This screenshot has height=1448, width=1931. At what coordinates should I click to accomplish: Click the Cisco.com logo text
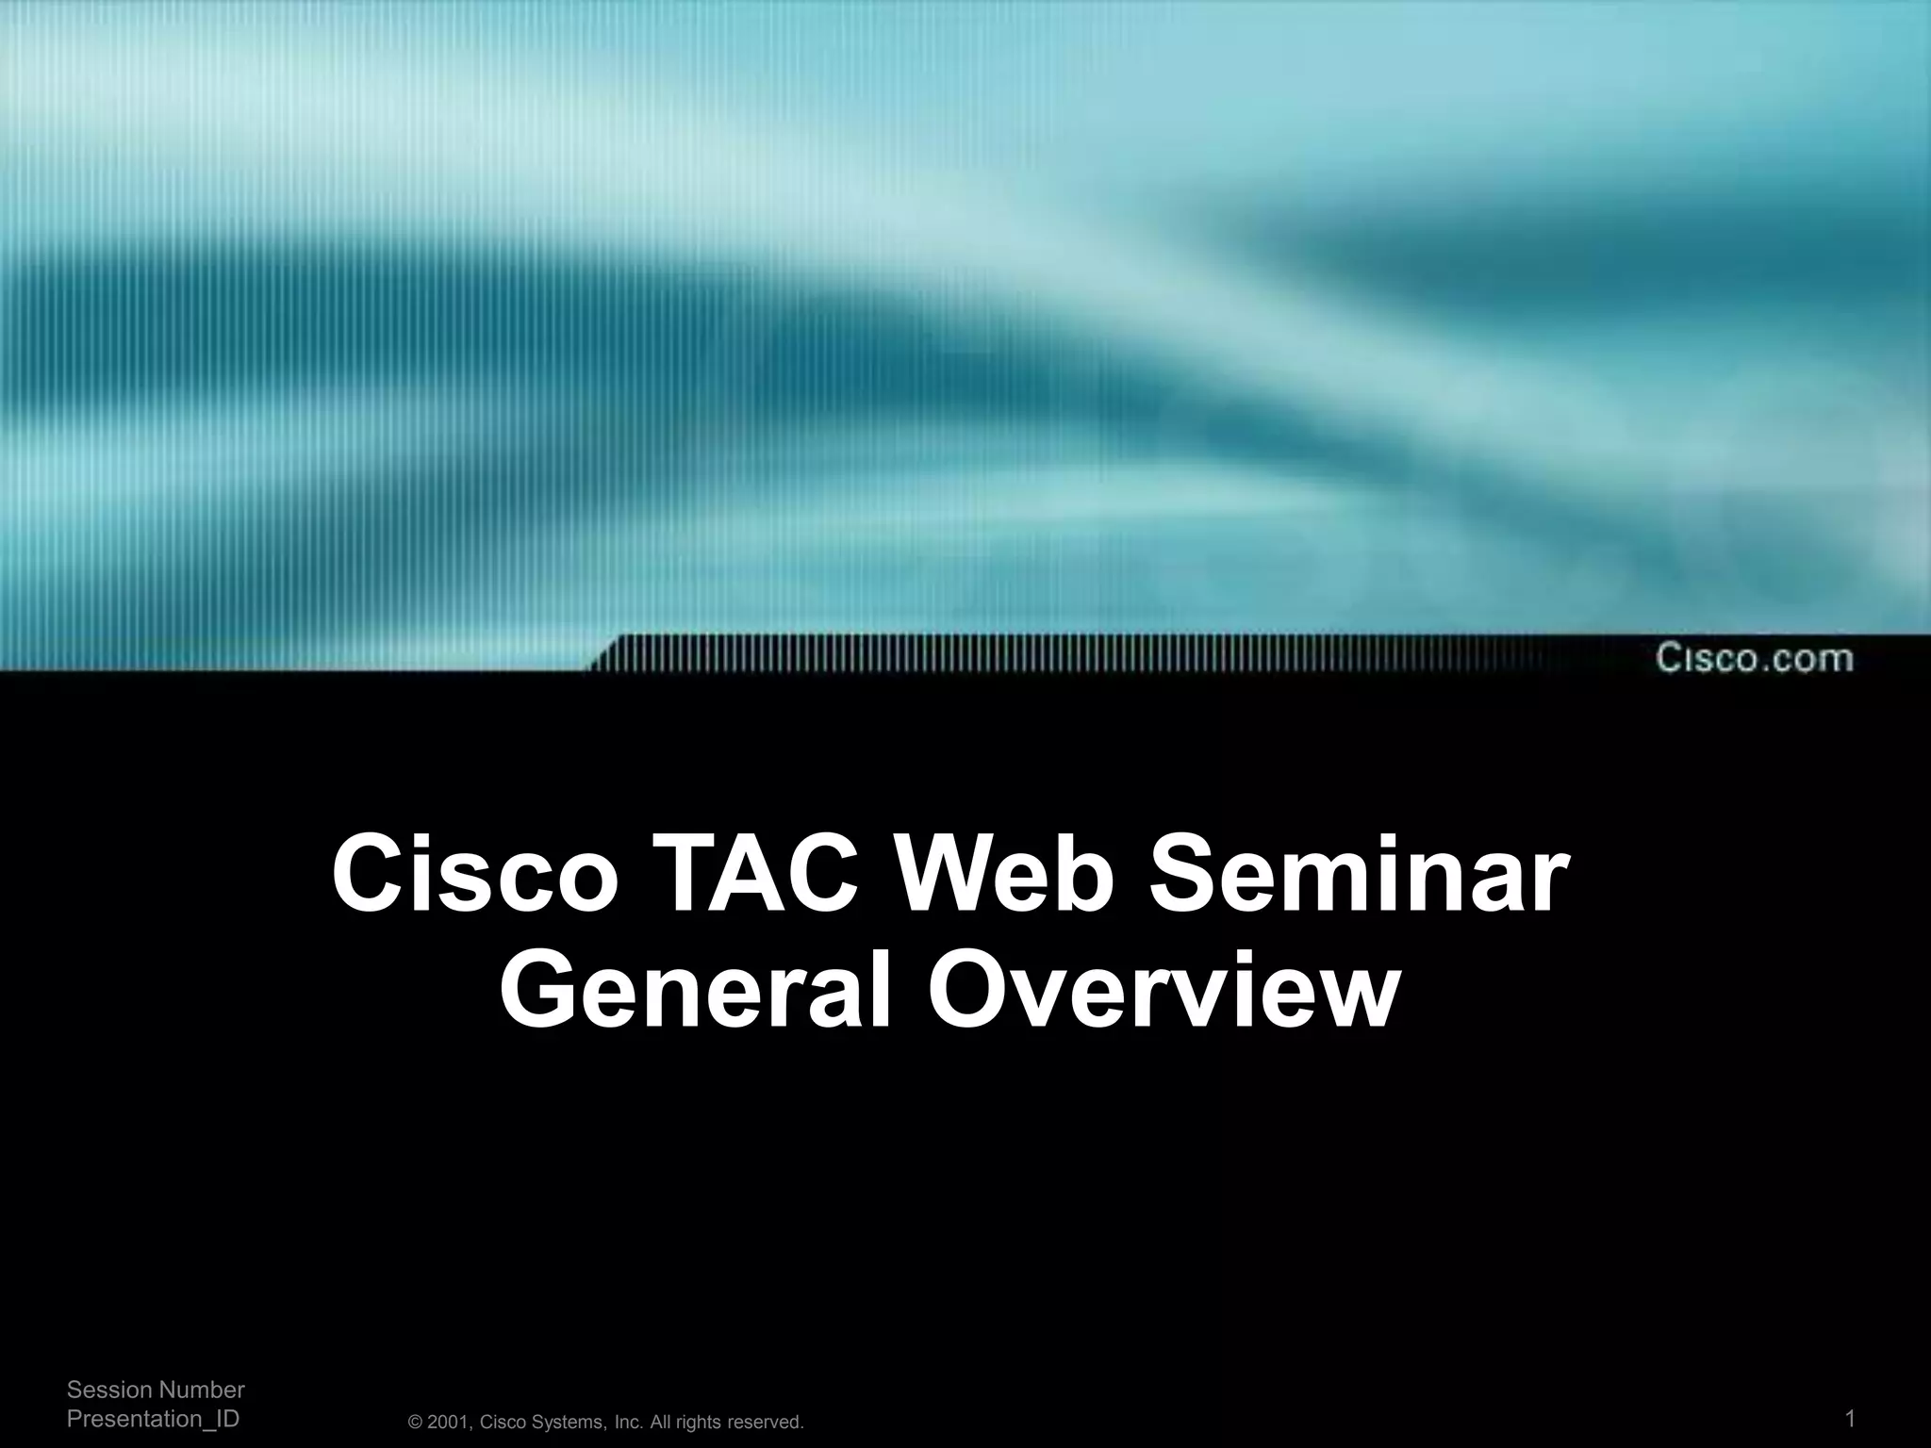pyautogui.click(x=1754, y=657)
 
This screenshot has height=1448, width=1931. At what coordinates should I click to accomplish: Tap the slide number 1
pyautogui.click(x=1850, y=1419)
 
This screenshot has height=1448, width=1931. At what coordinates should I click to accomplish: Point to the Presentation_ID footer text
pyautogui.click(x=153, y=1419)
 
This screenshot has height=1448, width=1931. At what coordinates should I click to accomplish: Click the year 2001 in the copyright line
pyautogui.click(x=448, y=1423)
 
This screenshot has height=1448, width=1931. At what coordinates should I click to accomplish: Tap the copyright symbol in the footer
pyautogui.click(x=416, y=1423)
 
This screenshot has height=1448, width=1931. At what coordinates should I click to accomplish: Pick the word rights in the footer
pyautogui.click(x=699, y=1423)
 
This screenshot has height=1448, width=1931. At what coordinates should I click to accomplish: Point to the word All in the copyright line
pyautogui.click(x=661, y=1423)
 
